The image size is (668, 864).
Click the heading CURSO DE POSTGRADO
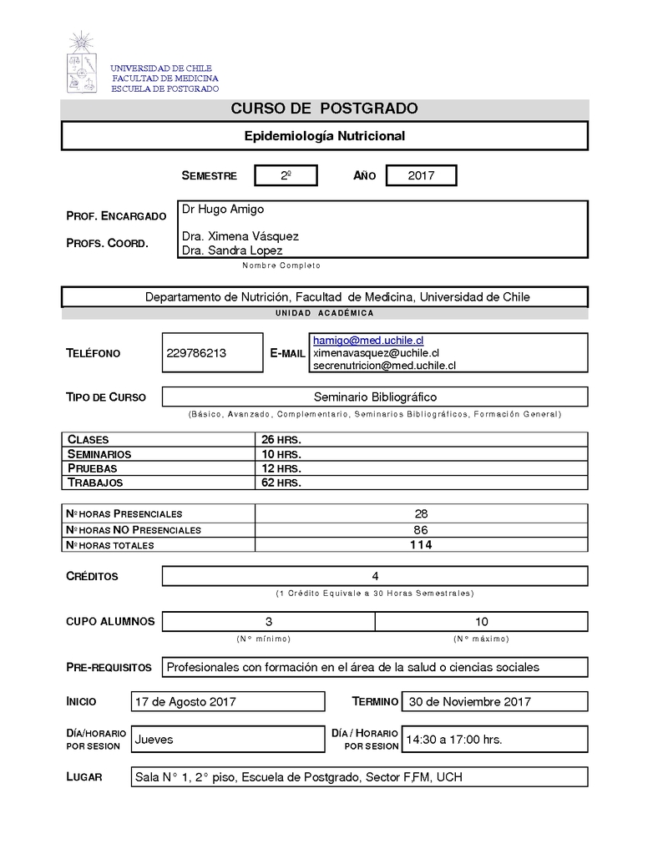325,109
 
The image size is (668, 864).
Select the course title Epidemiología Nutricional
325,136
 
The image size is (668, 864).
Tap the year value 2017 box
421,175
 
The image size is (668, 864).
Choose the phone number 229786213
197,353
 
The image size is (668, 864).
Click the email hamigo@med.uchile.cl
368,341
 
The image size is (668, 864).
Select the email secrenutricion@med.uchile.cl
384,365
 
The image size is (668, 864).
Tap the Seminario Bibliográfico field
375,397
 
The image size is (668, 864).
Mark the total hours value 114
421,545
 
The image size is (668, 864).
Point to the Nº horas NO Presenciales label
134,530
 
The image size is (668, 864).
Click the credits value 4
375,576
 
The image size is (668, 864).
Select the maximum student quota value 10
482,622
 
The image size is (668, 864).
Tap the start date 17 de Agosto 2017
185,702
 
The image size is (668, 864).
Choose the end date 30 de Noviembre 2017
470,702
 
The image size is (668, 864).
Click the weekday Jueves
154,740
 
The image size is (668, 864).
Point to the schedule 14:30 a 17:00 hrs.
454,740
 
